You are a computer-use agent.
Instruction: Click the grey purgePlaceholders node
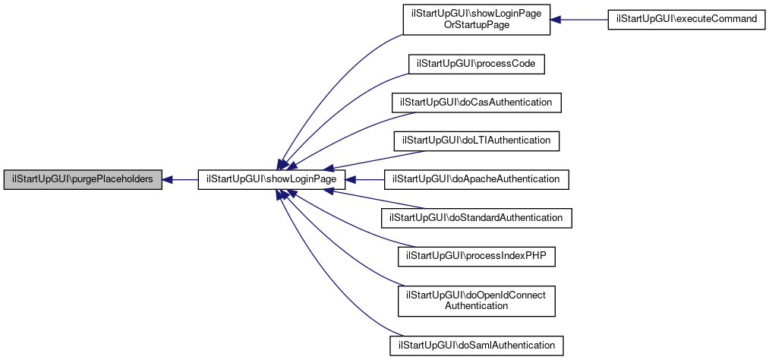pyautogui.click(x=82, y=180)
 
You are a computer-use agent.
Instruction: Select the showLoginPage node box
pyautogui.click(x=272, y=180)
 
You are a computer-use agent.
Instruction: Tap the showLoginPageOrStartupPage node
pyautogui.click(x=476, y=18)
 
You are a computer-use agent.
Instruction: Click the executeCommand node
pyautogui.click(x=686, y=18)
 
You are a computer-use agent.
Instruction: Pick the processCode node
pyautogui.click(x=477, y=64)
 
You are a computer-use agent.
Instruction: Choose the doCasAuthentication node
pyautogui.click(x=476, y=102)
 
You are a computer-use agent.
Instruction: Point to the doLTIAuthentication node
pyautogui.click(x=476, y=141)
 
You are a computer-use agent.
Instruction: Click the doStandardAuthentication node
pyautogui.click(x=476, y=218)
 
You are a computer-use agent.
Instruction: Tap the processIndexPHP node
pyautogui.click(x=477, y=257)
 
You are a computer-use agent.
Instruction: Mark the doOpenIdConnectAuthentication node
pyautogui.click(x=477, y=300)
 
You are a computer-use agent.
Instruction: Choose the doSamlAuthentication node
pyautogui.click(x=476, y=345)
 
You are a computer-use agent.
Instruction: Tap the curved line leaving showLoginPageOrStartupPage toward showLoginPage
pyautogui.click(x=326, y=84)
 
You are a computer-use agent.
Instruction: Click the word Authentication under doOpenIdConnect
pyautogui.click(x=477, y=305)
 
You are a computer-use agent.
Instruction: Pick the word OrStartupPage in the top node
pyautogui.click(x=476, y=24)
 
